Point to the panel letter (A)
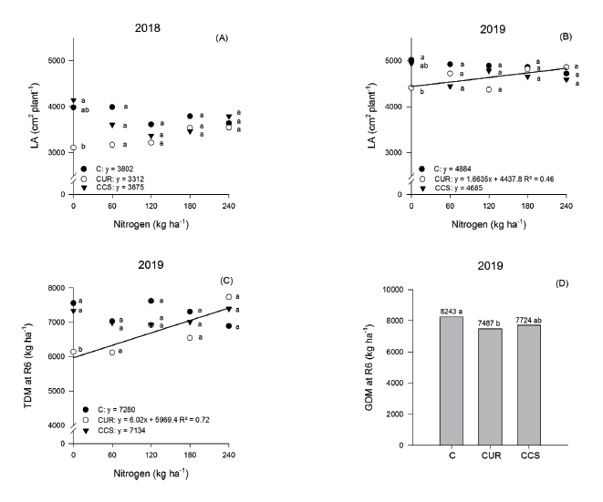221,37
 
